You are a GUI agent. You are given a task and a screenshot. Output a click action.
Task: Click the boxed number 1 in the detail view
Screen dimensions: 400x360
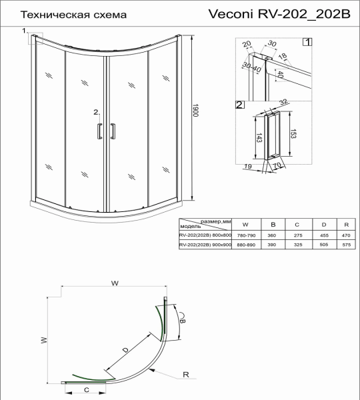307,42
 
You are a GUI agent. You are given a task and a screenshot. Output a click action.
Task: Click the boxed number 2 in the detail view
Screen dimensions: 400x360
239,105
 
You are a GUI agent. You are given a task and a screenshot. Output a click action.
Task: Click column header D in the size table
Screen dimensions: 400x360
324,224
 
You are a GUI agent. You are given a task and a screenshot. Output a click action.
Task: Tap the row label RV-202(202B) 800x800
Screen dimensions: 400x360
205,235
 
